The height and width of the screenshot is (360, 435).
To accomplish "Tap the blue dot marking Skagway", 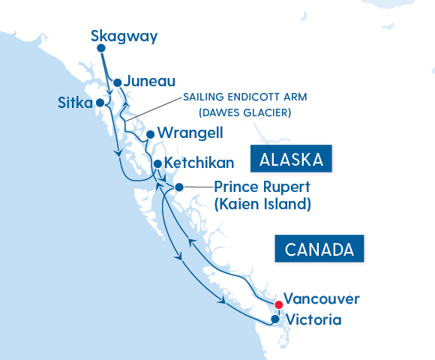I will coord(101,49).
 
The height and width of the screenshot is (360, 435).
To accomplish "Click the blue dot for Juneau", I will coord(117,82).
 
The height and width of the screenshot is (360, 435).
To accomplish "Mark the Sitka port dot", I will coord(99,103).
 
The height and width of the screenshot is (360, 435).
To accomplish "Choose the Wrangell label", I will coord(190,133).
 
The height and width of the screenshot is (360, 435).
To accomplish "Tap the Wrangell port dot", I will coord(150,135).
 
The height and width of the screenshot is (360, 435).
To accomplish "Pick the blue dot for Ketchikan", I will coord(157,163).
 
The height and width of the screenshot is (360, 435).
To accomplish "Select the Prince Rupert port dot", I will coord(178,187).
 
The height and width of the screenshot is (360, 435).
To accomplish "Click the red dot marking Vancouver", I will coord(278,304).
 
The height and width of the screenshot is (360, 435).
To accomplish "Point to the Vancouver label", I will coord(322,298).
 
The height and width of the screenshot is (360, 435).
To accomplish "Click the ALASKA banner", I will coord(291,160).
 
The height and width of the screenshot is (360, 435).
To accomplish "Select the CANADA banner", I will coord(319,249).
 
